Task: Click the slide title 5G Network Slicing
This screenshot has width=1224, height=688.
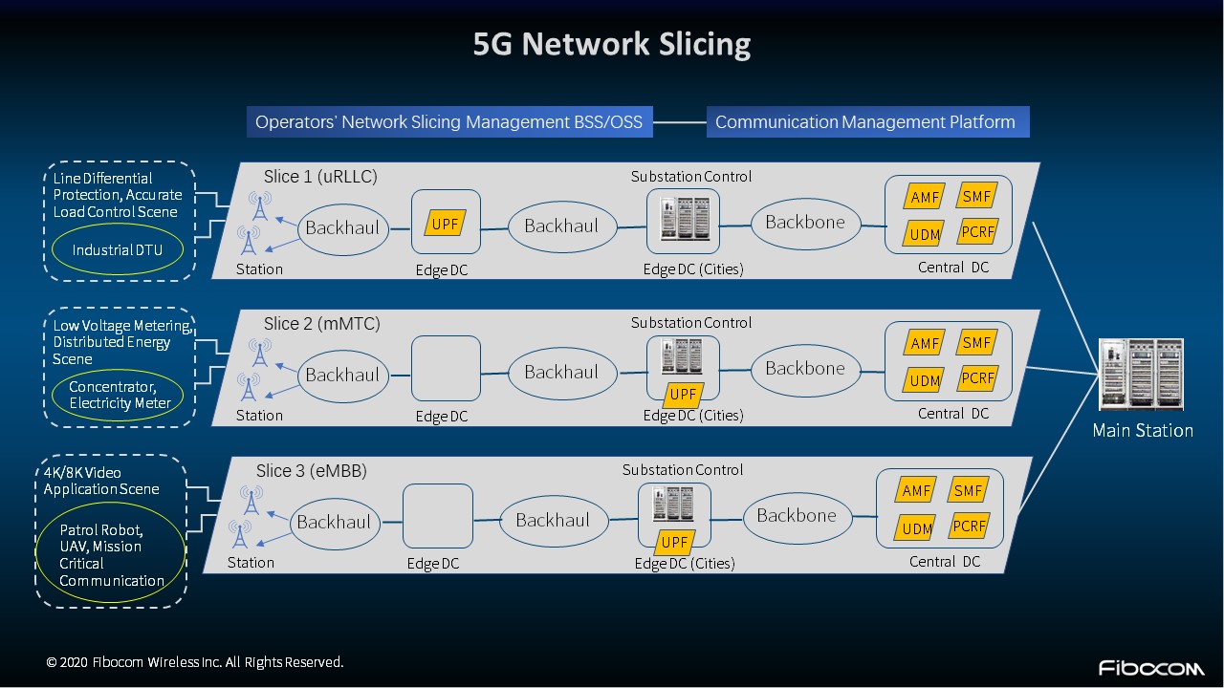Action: [612, 45]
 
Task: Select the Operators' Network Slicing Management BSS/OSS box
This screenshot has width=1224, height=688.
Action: [449, 122]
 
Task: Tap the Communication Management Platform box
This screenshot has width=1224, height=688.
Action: [866, 122]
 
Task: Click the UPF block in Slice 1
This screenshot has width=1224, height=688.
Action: [446, 224]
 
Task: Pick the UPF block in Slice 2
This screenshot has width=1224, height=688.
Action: [683, 395]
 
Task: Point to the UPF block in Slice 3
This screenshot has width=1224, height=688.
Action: [674, 542]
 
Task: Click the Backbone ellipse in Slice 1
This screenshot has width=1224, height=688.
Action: [805, 223]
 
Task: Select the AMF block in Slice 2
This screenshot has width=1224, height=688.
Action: [925, 343]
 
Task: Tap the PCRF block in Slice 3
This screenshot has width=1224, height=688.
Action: [969, 526]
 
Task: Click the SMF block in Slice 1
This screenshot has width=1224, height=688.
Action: [977, 196]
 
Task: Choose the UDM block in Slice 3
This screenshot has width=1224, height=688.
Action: [916, 527]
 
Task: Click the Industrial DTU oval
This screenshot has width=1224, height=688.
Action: [118, 250]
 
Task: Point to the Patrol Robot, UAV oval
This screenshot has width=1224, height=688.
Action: [111, 554]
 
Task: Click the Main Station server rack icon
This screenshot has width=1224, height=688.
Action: [1142, 375]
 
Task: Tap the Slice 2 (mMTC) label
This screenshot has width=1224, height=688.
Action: [321, 324]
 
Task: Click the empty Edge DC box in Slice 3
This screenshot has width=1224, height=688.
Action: [438, 516]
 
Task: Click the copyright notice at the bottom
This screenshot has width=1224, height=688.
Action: [195, 662]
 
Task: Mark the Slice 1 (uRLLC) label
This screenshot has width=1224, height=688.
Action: [320, 177]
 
